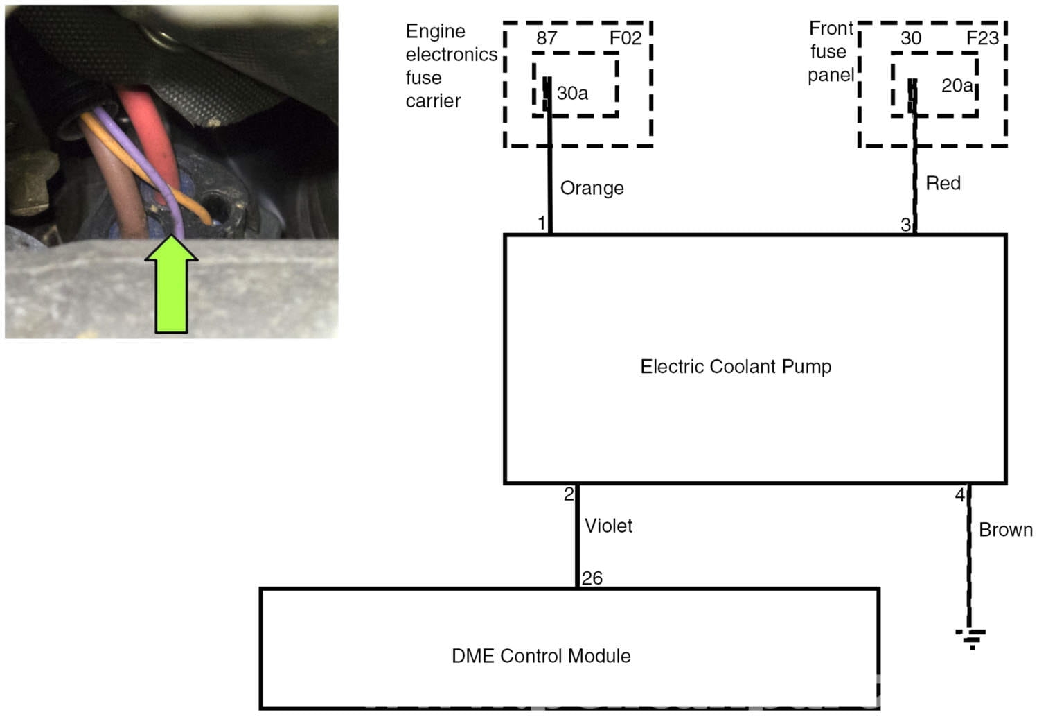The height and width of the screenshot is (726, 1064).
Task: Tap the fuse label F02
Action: click(x=626, y=38)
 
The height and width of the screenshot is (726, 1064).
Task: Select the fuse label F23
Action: click(x=982, y=37)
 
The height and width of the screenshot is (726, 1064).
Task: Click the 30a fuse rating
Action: click(x=572, y=93)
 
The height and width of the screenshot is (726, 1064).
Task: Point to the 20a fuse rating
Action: click(x=957, y=86)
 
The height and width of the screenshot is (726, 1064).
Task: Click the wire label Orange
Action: click(x=592, y=189)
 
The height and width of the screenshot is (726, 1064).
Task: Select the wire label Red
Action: click(x=943, y=184)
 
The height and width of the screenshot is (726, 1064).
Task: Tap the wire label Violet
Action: click(x=608, y=526)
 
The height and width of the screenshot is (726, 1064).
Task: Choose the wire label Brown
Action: click(x=1005, y=530)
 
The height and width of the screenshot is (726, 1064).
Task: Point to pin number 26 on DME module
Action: click(x=592, y=578)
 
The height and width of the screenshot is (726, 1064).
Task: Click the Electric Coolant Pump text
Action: click(x=735, y=367)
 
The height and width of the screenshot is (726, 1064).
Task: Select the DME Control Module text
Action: click(x=541, y=656)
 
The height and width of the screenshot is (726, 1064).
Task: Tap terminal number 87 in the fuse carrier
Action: click(x=547, y=38)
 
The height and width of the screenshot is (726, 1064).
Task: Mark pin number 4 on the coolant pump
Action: click(x=959, y=495)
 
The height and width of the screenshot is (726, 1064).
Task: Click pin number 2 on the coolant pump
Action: click(x=569, y=494)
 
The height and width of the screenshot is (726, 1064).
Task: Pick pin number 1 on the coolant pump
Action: click(x=542, y=223)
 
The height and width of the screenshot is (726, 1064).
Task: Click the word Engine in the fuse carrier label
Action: click(x=435, y=32)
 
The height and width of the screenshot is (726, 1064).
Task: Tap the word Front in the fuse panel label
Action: click(x=831, y=28)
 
